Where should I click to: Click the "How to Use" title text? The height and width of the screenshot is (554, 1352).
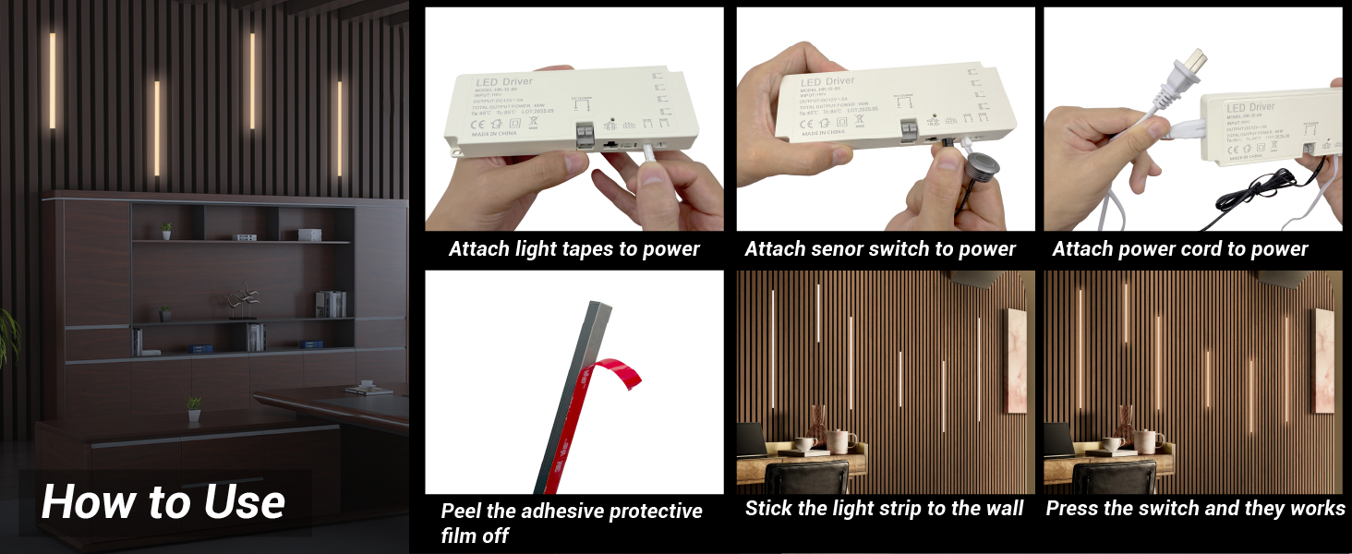(163, 502)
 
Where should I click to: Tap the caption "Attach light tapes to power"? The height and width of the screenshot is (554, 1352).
(573, 249)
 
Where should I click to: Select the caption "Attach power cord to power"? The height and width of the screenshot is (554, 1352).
(1179, 249)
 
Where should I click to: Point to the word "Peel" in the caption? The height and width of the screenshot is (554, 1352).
(462, 512)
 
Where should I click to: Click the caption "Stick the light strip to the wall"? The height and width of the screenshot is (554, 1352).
(884, 509)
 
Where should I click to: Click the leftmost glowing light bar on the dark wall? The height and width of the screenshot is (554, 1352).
(53, 81)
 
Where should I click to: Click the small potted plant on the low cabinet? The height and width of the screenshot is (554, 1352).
(194, 408)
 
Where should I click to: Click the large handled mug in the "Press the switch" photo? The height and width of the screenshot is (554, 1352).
(1149, 440)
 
